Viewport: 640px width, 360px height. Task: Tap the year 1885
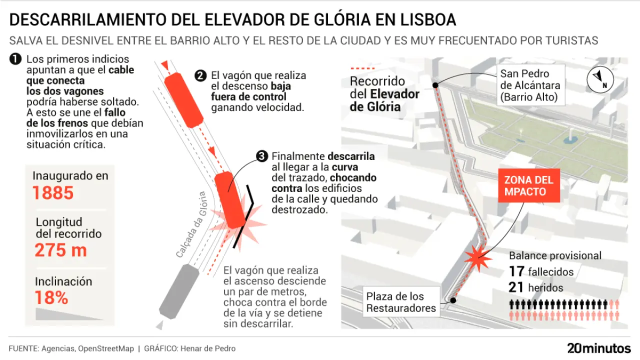pyautogui.click(x=53, y=193)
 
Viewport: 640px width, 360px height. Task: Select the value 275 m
pyautogui.click(x=60, y=250)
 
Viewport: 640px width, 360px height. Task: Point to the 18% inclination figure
pyautogui.click(x=51, y=298)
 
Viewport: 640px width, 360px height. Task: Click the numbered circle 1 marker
pyautogui.click(x=15, y=59)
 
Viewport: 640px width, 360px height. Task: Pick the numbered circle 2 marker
pyautogui.click(x=200, y=76)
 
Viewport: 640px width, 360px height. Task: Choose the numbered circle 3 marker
pyautogui.click(x=262, y=156)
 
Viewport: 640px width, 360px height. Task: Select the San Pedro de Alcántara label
pyautogui.click(x=530, y=85)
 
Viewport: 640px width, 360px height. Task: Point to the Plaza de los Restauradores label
pyautogui.click(x=401, y=302)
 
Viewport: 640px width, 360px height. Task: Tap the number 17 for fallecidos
pyautogui.click(x=516, y=272)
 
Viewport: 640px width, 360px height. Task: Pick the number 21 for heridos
pyautogui.click(x=516, y=287)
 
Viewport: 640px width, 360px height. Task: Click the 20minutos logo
pyautogui.click(x=598, y=348)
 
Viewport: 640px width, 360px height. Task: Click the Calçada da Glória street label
pyautogui.click(x=191, y=224)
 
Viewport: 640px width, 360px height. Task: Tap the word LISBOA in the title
pyautogui.click(x=426, y=19)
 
